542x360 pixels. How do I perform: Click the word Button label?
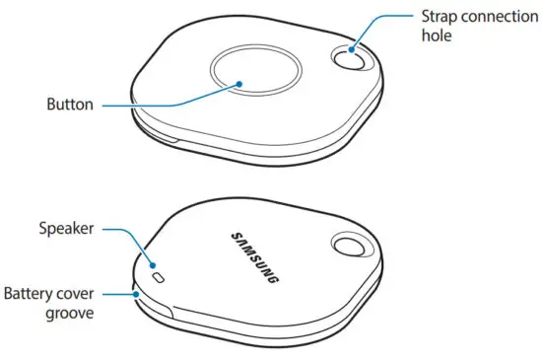tap(69, 103)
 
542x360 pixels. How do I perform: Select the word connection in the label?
tap(498, 17)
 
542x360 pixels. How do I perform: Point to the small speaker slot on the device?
tap(160, 279)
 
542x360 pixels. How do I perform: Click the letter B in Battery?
tap(8, 293)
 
